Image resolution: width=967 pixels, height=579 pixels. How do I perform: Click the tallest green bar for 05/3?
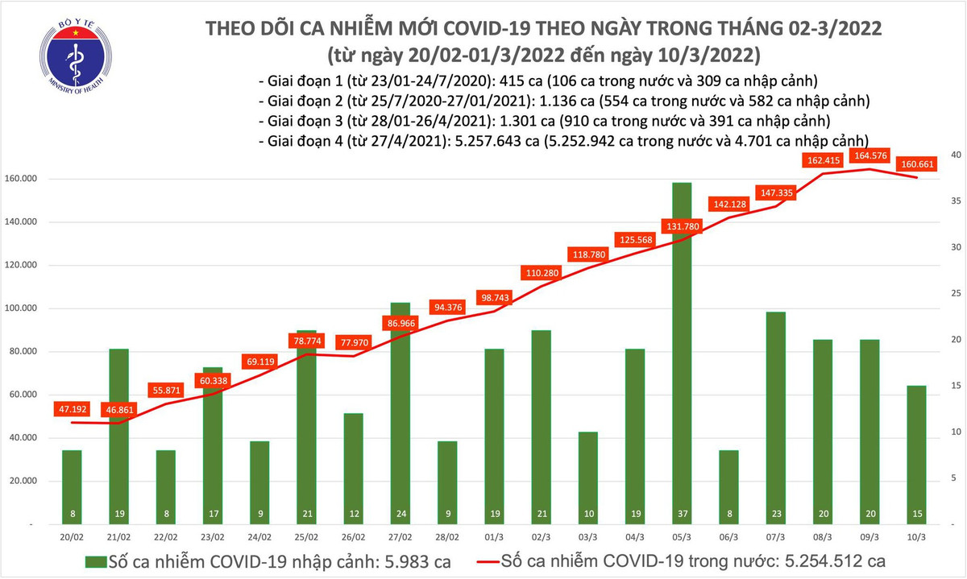pos(682,346)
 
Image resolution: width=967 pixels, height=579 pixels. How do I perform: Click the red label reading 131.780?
pos(682,225)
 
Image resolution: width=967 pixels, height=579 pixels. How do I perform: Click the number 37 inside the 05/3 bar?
pos(682,513)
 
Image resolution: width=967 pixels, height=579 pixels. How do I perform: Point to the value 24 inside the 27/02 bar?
pos(400,513)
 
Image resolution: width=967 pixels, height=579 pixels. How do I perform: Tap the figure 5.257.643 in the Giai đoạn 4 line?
pos(478,141)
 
